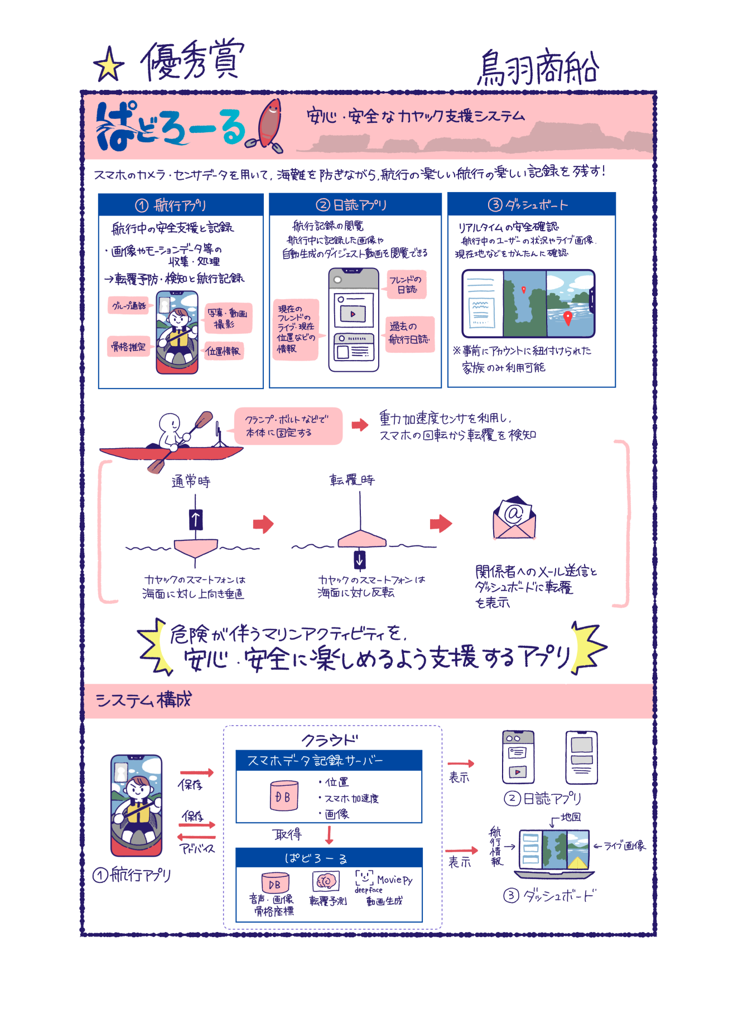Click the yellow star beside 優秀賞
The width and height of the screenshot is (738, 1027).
109,65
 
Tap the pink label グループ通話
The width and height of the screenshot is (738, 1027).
129,305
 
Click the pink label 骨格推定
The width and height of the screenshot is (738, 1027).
128,347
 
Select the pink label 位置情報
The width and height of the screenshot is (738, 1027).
223,351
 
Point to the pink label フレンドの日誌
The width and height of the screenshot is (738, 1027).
406,284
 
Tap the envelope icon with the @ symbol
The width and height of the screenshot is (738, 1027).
514,518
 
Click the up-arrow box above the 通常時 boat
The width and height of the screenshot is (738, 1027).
195,519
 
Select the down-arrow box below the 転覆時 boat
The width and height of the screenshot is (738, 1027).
360,559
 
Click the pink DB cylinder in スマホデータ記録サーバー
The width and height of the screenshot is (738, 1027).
283,796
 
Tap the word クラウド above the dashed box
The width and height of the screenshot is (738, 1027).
330,740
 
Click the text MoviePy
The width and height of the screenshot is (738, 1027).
394,880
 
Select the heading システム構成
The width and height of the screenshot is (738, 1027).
143,700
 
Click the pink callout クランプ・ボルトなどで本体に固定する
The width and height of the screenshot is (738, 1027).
287,426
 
